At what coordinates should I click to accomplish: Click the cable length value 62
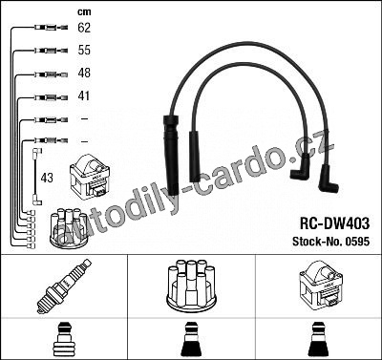coord(84,28)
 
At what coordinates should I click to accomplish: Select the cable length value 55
coord(84,50)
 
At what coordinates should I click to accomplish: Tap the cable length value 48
coord(84,73)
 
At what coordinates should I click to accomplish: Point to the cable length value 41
coord(84,95)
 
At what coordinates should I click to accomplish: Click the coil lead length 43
coord(47,178)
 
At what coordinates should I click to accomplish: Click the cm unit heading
coord(84,12)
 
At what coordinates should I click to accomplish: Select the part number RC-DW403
coord(334,223)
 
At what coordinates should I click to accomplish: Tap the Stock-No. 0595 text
coord(331,242)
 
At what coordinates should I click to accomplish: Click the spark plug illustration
coord(64,286)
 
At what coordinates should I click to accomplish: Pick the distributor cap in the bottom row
coord(191,286)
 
